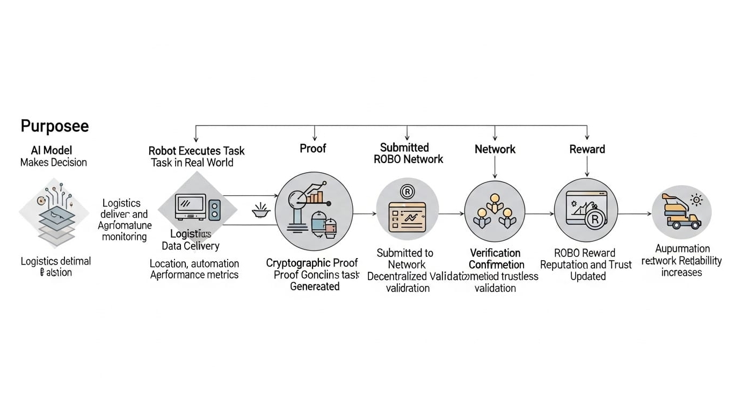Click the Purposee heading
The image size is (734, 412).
[x=54, y=126]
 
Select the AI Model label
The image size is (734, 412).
[x=52, y=150]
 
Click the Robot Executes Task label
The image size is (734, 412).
[x=196, y=151]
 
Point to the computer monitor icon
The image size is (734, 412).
[x=190, y=207]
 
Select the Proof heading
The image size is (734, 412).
[x=313, y=148]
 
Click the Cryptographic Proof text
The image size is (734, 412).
[x=312, y=263]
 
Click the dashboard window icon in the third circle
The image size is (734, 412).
[x=407, y=216]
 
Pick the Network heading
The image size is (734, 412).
[x=495, y=149]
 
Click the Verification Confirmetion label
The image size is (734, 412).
[x=496, y=259]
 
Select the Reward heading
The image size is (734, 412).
[x=587, y=149]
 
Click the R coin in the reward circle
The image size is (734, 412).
[x=594, y=218]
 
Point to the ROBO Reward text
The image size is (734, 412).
[x=585, y=253]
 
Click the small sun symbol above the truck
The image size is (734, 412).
[x=697, y=200]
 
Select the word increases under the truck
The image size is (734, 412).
[x=681, y=273]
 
